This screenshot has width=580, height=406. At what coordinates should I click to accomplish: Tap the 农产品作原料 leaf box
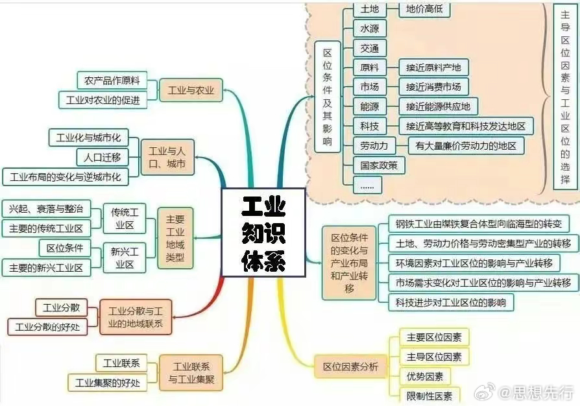(112, 80)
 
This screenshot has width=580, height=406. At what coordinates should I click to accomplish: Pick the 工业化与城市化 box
(88, 137)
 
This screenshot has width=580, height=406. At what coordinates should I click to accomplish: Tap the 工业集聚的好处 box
(108, 383)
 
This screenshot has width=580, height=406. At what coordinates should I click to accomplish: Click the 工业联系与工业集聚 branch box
(191, 372)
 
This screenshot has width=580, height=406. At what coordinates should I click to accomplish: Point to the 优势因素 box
(426, 376)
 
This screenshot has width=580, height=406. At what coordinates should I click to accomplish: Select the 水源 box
(370, 29)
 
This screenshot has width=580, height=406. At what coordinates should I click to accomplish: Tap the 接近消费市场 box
(433, 87)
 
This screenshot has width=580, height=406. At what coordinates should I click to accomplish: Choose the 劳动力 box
(374, 145)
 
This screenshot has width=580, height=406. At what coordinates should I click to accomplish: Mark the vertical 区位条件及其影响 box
(327, 97)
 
